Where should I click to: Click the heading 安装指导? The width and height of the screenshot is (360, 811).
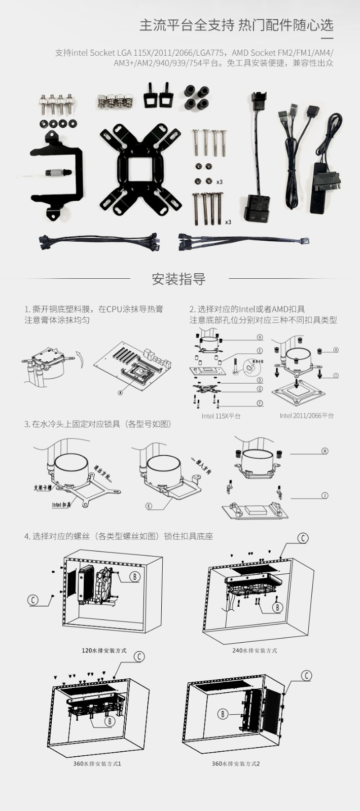tap(178, 279)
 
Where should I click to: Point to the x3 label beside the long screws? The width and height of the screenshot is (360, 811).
tap(228, 222)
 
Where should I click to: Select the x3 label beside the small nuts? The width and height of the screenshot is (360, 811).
tap(220, 181)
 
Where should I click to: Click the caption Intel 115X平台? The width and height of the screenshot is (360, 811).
tap(221, 416)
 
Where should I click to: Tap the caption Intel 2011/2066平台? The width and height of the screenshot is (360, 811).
tap(306, 416)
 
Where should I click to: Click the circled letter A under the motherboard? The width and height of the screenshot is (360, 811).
tap(120, 392)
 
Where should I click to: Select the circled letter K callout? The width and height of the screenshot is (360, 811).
tap(149, 505)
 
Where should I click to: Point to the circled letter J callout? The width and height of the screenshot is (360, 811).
tap(325, 495)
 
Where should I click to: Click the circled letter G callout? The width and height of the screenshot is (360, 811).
tap(260, 389)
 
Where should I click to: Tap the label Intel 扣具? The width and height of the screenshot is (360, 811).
tap(61, 504)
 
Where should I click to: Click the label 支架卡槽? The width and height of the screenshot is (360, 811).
tap(43, 488)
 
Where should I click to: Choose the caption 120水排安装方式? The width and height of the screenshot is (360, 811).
tap(104, 650)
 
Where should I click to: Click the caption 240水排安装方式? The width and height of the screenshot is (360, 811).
tap(255, 650)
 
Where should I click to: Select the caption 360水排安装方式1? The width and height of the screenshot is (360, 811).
tap(97, 763)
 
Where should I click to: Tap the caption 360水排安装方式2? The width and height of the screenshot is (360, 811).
tap(236, 763)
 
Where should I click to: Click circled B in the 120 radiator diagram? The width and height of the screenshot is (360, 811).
tap(135, 576)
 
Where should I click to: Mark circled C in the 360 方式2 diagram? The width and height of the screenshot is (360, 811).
tap(306, 676)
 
